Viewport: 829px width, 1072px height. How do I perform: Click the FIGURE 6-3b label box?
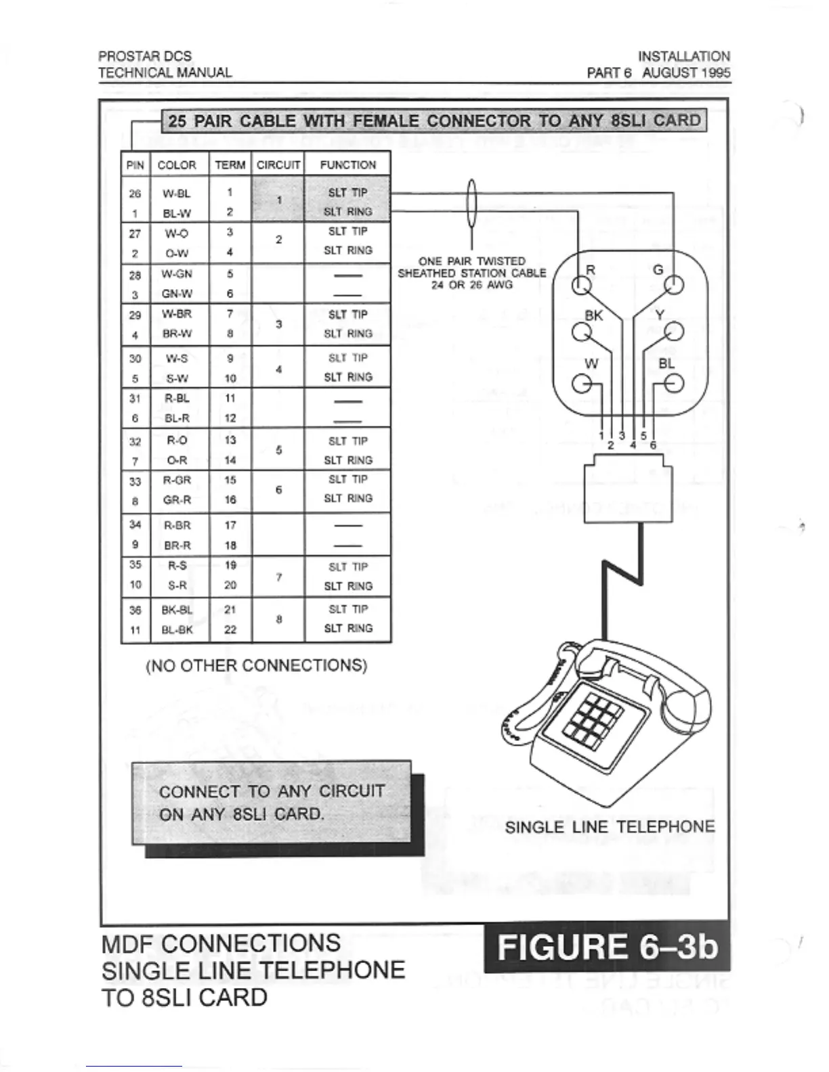(x=607, y=947)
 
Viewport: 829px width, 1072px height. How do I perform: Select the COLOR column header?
(x=177, y=165)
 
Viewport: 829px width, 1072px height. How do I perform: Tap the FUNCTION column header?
(x=347, y=165)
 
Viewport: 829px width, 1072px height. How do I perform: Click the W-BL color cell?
(x=177, y=194)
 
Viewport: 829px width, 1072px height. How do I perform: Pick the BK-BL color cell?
(x=177, y=610)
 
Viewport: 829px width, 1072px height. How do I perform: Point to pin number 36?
(x=135, y=610)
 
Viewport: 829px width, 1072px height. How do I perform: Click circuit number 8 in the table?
(x=278, y=619)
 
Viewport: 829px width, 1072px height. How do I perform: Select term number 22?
(x=230, y=629)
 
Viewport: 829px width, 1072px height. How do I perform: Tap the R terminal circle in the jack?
(x=580, y=286)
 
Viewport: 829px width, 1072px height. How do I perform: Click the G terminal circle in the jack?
(x=674, y=286)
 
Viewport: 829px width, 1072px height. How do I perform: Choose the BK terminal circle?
(x=580, y=332)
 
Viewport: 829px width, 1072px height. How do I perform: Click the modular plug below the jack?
(x=628, y=488)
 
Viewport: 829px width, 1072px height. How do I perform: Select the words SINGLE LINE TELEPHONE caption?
(x=610, y=827)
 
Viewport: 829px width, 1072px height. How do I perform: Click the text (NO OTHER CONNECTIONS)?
(x=257, y=666)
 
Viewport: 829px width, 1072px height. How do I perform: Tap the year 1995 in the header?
(x=716, y=72)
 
